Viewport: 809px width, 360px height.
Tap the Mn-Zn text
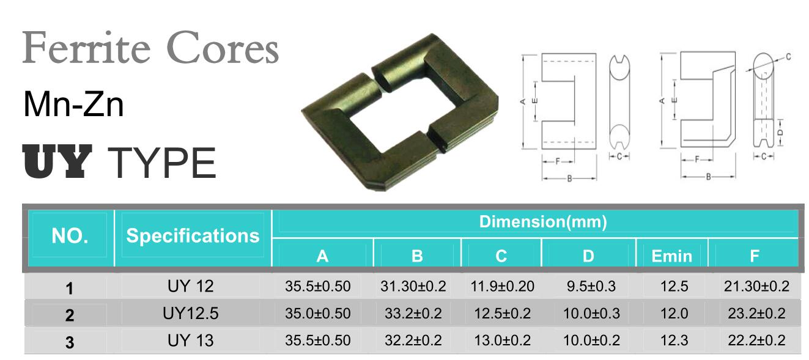click(x=73, y=105)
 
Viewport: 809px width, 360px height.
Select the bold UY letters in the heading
click(x=57, y=161)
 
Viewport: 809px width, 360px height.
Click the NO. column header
click(x=70, y=236)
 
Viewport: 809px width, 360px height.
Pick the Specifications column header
click(x=193, y=236)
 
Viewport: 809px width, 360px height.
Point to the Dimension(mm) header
click(x=542, y=222)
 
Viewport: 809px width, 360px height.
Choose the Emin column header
click(x=671, y=256)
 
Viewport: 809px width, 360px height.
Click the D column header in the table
click(x=588, y=256)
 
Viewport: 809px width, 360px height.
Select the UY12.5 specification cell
click(x=191, y=314)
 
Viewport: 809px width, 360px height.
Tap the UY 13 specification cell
click(x=191, y=340)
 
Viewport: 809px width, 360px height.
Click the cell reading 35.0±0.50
click(x=318, y=314)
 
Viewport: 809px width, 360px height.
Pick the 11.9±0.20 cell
click(x=503, y=286)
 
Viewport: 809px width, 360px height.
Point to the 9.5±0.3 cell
click(x=588, y=286)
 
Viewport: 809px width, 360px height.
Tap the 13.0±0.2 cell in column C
click(x=503, y=340)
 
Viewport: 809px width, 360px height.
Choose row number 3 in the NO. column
click(x=70, y=342)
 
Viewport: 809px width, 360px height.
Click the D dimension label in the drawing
click(x=779, y=131)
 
